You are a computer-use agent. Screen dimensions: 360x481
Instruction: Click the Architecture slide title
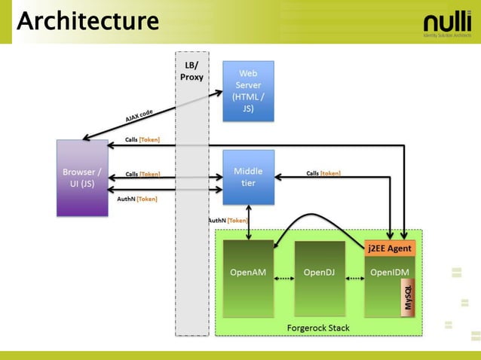[87, 20]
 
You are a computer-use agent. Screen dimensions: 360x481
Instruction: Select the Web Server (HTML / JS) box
[248, 90]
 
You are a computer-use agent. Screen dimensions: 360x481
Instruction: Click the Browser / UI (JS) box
[83, 178]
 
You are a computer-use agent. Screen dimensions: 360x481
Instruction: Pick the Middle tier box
[248, 176]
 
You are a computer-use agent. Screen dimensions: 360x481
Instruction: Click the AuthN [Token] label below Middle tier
[228, 220]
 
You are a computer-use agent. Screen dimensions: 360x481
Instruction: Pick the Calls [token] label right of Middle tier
[323, 172]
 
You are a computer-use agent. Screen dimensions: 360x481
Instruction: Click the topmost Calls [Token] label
[142, 139]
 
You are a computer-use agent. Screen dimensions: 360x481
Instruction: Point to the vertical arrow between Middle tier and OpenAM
[249, 222]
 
